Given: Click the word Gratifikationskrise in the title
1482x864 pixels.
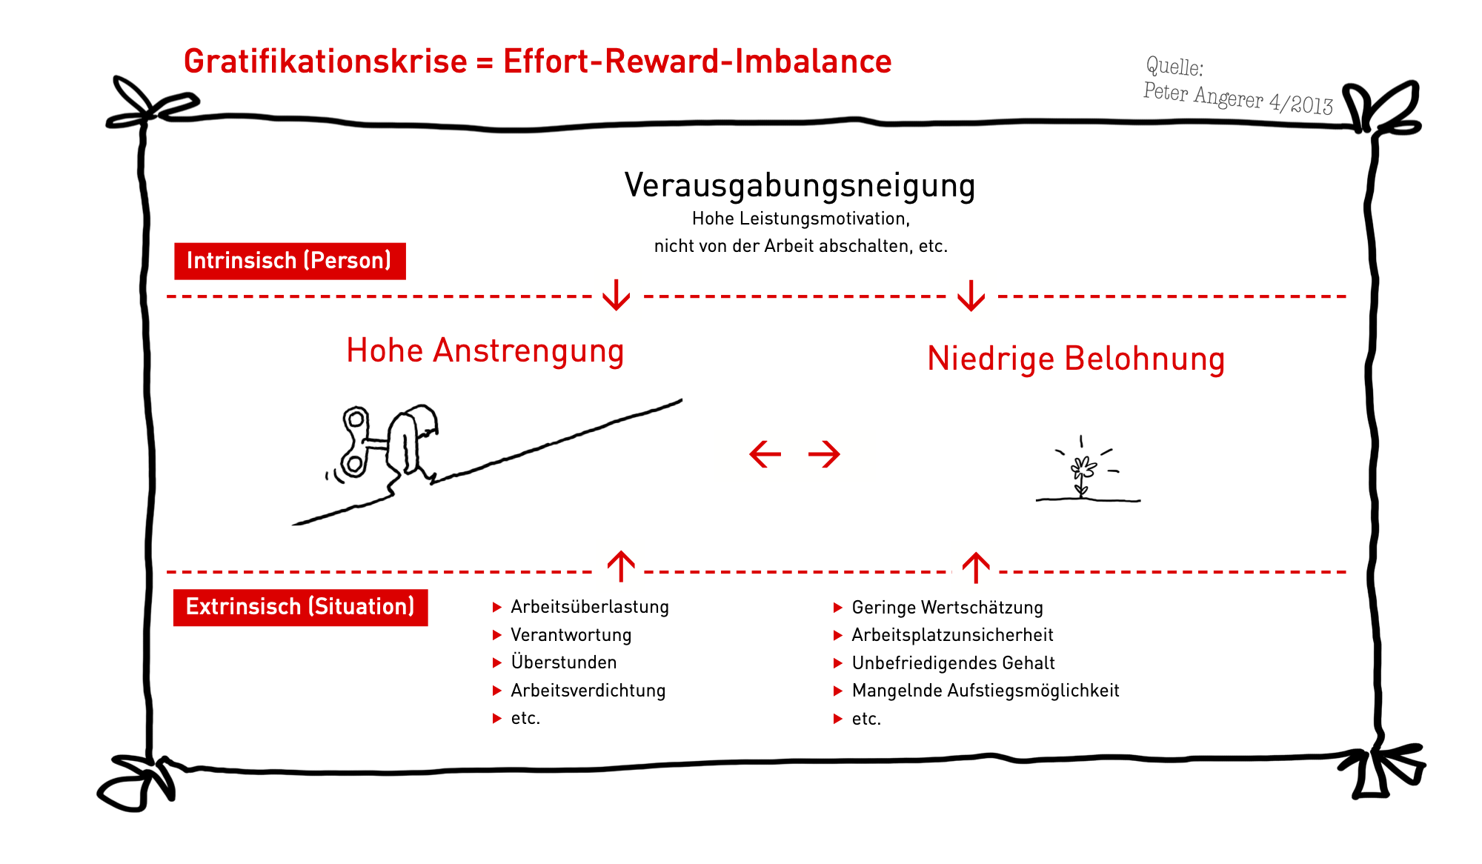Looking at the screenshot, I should [x=325, y=62].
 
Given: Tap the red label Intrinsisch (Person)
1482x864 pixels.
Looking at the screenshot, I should [x=290, y=261].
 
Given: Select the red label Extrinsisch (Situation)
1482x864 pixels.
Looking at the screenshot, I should [x=300, y=607].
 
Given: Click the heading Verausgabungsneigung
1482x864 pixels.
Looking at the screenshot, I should [x=800, y=185].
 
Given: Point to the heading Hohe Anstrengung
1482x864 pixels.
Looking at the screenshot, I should [x=485, y=350].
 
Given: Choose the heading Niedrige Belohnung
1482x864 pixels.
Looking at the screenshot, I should [x=1076, y=359].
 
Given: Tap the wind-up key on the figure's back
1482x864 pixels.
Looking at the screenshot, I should [x=356, y=442].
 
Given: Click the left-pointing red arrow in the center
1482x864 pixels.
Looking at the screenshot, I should [x=765, y=454].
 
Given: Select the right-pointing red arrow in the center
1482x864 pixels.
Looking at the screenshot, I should [x=824, y=454].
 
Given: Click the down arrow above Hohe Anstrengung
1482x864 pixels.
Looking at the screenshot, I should [x=617, y=294].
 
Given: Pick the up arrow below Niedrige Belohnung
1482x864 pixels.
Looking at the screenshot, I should [x=976, y=568].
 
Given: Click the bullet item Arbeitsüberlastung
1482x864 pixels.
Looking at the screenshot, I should [x=590, y=607].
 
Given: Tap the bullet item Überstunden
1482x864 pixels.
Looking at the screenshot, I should [x=564, y=662].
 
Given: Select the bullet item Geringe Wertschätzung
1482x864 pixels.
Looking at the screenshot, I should [x=947, y=608].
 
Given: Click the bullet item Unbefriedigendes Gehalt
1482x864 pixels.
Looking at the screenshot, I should [x=953, y=663].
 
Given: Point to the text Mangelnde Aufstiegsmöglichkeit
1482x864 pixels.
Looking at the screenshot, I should [x=986, y=691].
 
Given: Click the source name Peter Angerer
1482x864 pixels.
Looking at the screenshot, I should [x=1203, y=96].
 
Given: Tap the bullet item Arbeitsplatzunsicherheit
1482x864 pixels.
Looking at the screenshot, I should [x=952, y=635].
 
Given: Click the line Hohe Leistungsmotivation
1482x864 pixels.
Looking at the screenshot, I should [x=800, y=219].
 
